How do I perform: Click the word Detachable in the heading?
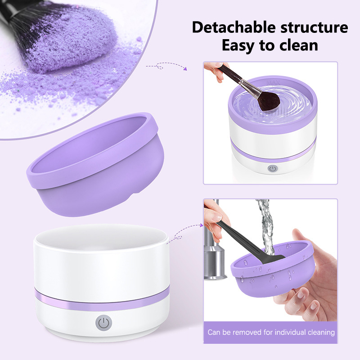point(234,27)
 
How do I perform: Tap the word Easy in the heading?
point(238,46)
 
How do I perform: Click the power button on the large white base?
point(104,323)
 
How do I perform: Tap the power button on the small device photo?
point(273,169)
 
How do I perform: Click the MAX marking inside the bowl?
point(273,82)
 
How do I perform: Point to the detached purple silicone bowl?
point(95,164)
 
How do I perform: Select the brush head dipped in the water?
point(269,101)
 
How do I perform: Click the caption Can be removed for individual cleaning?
point(271,332)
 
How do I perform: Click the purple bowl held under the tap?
point(273,269)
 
